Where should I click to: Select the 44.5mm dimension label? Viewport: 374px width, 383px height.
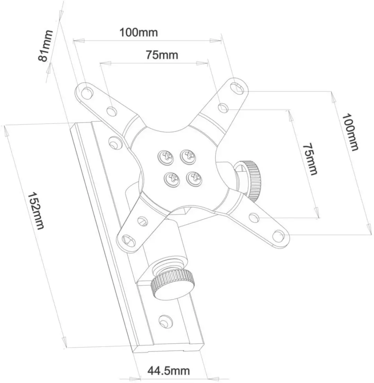(x=168, y=371)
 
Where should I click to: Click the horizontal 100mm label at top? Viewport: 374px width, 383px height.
(x=139, y=32)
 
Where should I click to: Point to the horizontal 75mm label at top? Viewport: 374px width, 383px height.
(x=162, y=55)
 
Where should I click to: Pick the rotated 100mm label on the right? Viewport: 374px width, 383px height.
(x=350, y=132)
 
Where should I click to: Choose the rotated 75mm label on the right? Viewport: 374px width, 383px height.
(x=310, y=159)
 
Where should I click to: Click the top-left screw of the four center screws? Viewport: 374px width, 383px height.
(x=166, y=156)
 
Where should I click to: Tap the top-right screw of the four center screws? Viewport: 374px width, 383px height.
(x=188, y=156)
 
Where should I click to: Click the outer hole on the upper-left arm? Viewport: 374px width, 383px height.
(x=87, y=92)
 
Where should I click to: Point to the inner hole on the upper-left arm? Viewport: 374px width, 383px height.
(x=112, y=111)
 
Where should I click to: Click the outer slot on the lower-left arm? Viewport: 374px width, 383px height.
(x=128, y=241)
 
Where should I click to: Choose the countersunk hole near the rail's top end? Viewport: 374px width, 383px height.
(x=115, y=142)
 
